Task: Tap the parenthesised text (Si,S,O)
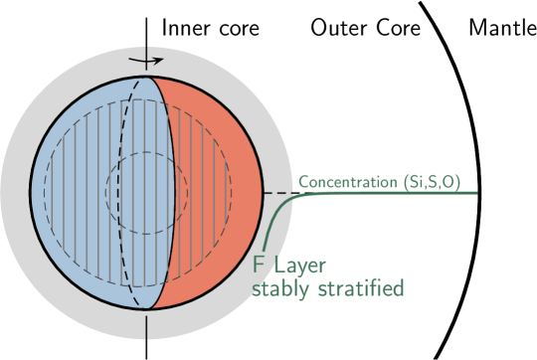click(431, 183)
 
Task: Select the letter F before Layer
click(258, 267)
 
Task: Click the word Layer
click(302, 267)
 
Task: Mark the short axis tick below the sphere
click(147, 326)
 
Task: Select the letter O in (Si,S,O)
click(451, 183)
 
